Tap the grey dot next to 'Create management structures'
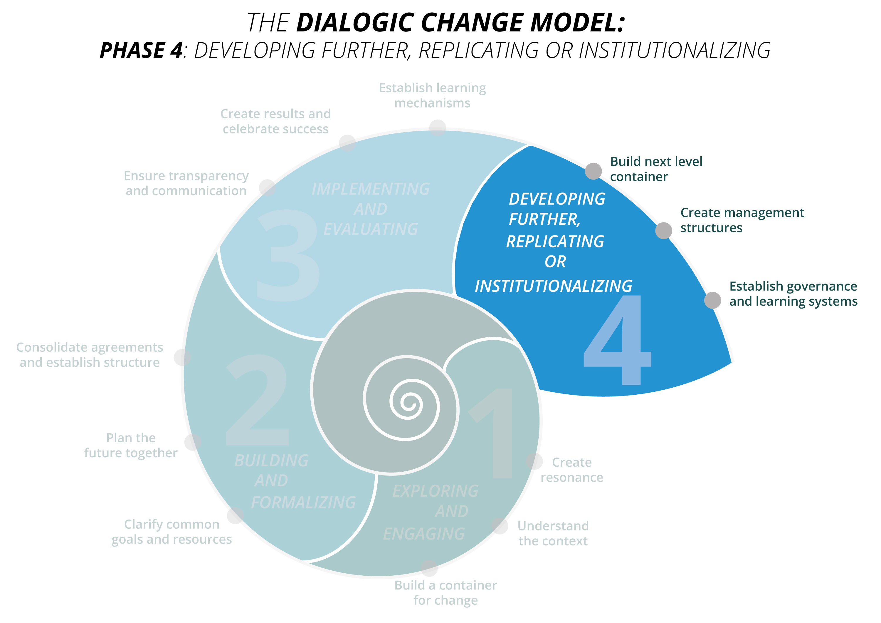(x=663, y=230)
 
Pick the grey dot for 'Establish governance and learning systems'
(x=712, y=300)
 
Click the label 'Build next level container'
(x=656, y=169)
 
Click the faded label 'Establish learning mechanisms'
(x=433, y=95)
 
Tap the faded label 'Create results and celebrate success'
(x=275, y=121)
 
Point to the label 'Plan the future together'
(x=131, y=445)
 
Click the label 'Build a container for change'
(x=445, y=593)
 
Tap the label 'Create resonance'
(x=572, y=470)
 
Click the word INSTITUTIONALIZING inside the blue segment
(x=553, y=286)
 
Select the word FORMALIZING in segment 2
(x=304, y=503)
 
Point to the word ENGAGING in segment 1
(x=424, y=534)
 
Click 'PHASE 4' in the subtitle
(x=141, y=50)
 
